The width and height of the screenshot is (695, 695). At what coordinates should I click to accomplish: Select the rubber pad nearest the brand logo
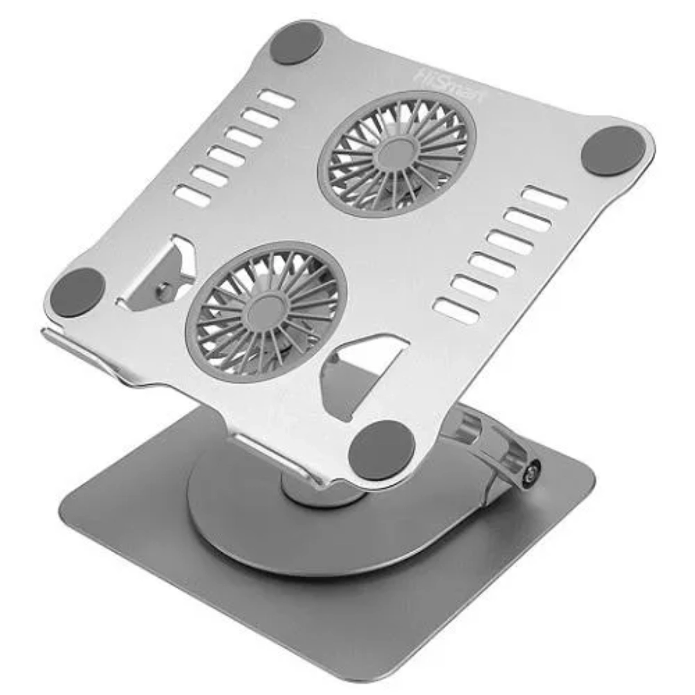click(x=297, y=42)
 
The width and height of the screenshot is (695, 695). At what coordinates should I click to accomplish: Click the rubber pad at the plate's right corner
click(x=613, y=151)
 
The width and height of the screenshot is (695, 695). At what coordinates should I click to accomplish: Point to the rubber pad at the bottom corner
click(x=381, y=450)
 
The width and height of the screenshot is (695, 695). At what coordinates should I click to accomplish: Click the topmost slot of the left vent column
click(x=277, y=99)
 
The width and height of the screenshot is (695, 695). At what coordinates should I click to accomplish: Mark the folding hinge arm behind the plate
click(x=489, y=444)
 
